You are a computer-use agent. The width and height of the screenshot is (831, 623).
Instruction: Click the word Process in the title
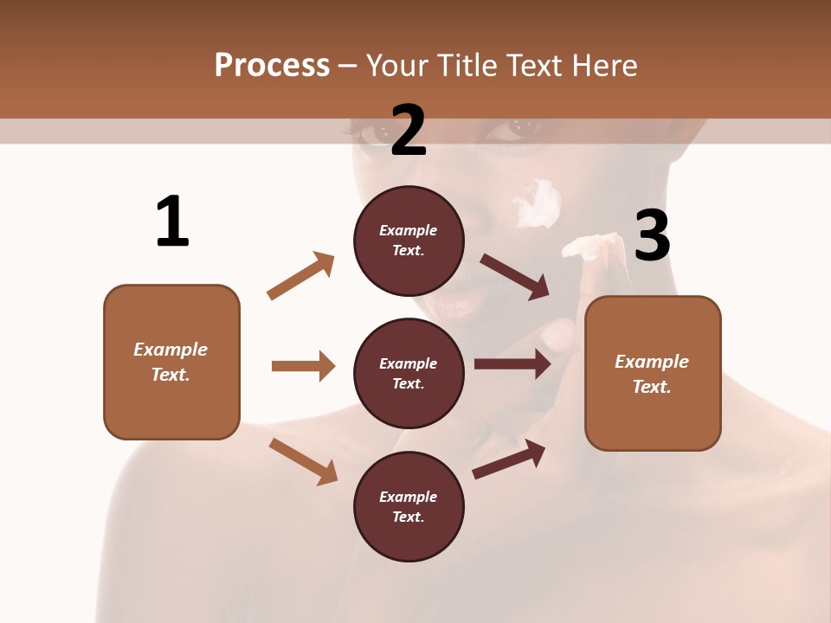(x=272, y=65)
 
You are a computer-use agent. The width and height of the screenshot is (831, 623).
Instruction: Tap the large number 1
(x=172, y=222)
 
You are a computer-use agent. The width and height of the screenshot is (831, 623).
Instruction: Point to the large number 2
(x=409, y=131)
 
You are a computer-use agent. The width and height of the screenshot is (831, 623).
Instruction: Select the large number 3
(x=652, y=236)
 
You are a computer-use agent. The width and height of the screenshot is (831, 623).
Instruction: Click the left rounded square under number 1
(x=171, y=362)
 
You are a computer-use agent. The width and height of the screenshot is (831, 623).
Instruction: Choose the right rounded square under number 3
(x=653, y=373)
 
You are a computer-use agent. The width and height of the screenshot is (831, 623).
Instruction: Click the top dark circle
(x=409, y=240)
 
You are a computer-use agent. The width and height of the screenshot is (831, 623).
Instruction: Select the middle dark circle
(x=409, y=373)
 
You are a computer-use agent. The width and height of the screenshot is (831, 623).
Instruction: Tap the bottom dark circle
(x=409, y=506)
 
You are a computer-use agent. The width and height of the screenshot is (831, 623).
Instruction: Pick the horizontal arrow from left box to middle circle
(x=303, y=366)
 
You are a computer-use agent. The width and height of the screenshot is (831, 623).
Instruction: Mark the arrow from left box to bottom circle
(x=303, y=461)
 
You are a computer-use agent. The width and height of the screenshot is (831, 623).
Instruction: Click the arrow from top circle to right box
(x=514, y=276)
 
